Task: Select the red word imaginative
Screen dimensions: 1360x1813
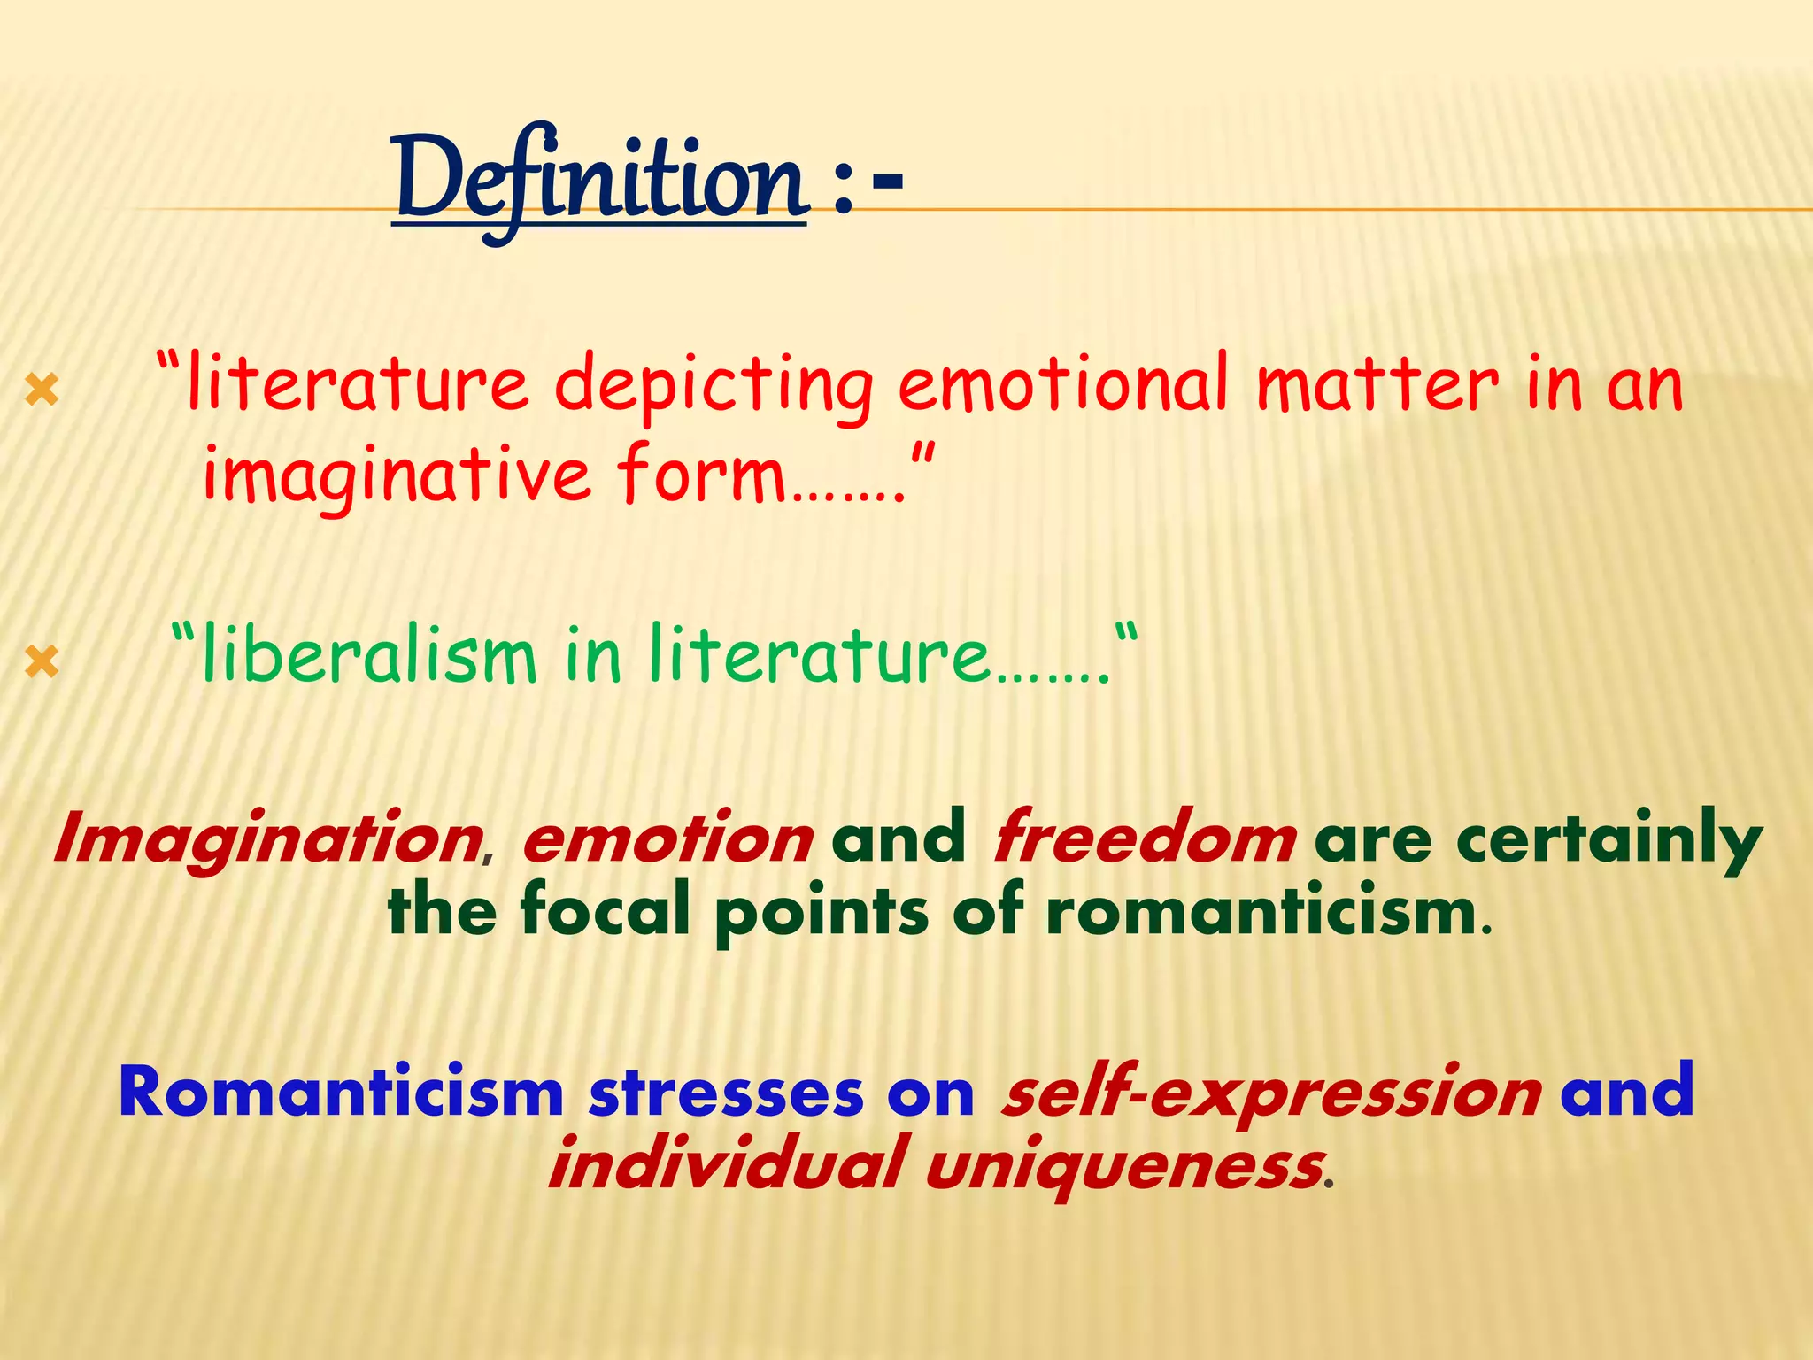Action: (397, 475)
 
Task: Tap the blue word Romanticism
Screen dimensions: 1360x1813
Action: (342, 1093)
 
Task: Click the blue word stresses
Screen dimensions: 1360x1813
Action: (726, 1093)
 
